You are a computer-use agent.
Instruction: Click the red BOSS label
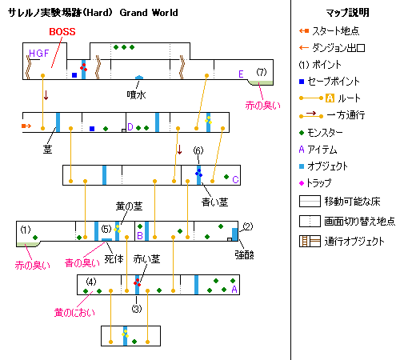pyautogui.click(x=62, y=32)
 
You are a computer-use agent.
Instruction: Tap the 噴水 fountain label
pyautogui.click(x=136, y=94)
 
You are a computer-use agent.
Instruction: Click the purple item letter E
pyautogui.click(x=241, y=74)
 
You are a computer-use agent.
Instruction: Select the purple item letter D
pyautogui.click(x=130, y=126)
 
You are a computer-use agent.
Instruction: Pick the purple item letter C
pyautogui.click(x=235, y=179)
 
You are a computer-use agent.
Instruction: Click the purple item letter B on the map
pyautogui.click(x=140, y=235)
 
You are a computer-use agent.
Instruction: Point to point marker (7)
pyautogui.click(x=262, y=72)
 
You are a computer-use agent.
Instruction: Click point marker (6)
pyautogui.click(x=198, y=150)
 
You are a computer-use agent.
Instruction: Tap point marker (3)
pyautogui.click(x=137, y=309)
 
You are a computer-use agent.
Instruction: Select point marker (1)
pyautogui.click(x=26, y=230)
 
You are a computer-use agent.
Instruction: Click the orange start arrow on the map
pyautogui.click(x=26, y=126)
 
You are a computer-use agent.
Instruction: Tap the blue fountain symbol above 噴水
pyautogui.click(x=139, y=78)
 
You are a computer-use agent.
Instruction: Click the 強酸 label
pyautogui.click(x=244, y=255)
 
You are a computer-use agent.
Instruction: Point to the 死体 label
pyautogui.click(x=114, y=259)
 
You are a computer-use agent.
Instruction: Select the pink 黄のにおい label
pyautogui.click(x=74, y=313)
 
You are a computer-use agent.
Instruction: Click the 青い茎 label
pyautogui.click(x=214, y=202)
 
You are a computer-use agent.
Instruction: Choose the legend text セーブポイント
pyautogui.click(x=334, y=82)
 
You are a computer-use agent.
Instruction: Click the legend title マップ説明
pyautogui.click(x=347, y=13)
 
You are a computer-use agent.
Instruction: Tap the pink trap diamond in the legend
pyautogui.click(x=302, y=183)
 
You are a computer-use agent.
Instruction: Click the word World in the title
pyautogui.click(x=165, y=13)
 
